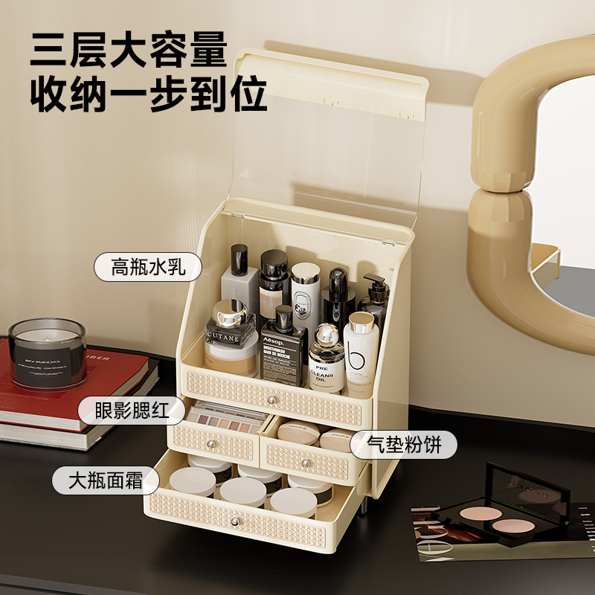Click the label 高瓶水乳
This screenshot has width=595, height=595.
[x=148, y=266]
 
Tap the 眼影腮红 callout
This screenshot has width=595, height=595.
[x=131, y=409]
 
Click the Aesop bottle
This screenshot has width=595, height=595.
[x=283, y=350]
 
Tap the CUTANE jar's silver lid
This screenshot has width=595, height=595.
[x=230, y=312]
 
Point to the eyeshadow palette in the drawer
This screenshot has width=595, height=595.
[x=223, y=421]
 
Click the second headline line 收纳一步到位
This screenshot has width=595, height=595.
[x=148, y=94]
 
